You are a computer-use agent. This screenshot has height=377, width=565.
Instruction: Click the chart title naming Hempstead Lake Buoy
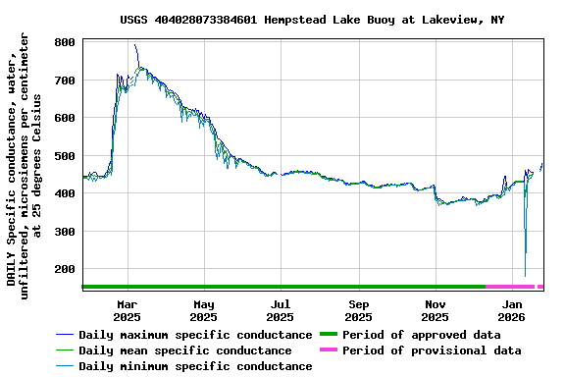coord(312,20)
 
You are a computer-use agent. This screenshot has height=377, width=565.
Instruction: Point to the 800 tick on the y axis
coord(65,43)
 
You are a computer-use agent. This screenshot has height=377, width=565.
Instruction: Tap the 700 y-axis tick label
coord(65,81)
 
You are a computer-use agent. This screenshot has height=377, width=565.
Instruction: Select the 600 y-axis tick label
coord(65,119)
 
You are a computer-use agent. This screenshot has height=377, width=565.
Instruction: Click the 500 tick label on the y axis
coord(65,156)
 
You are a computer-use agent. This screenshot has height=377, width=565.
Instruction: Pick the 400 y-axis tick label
coord(65,194)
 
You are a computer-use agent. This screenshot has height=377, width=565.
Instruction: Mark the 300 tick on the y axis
coord(65,232)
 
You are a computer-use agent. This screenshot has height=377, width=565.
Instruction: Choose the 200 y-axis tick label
coord(65,270)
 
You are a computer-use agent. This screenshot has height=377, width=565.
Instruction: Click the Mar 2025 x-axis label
coord(127,311)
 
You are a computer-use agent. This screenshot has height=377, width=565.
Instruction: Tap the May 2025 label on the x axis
coord(203,311)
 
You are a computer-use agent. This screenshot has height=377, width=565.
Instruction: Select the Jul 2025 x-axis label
coord(281,311)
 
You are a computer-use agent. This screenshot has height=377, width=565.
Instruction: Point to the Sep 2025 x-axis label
coord(358,311)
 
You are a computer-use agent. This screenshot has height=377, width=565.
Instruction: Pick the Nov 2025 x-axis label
coord(435,311)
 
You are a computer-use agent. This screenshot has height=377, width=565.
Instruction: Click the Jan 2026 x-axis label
coord(512,311)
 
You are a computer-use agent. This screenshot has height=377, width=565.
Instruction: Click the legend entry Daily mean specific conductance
coord(184,350)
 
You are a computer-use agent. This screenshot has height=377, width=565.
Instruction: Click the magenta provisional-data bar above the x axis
coord(511,287)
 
